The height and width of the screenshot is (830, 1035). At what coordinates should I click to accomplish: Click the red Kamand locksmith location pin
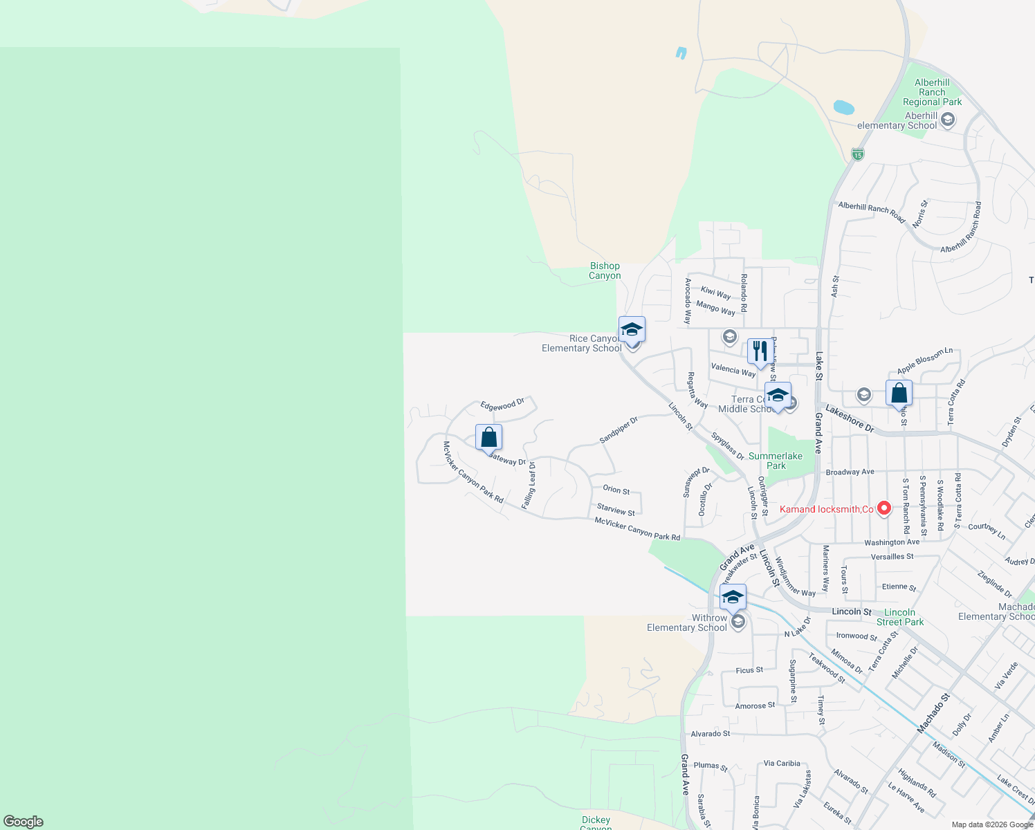883,508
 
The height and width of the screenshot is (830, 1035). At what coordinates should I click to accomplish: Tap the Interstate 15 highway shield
858,154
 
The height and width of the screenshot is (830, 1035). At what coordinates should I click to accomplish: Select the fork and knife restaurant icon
760,351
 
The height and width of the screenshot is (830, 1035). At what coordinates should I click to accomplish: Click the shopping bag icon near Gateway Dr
488,438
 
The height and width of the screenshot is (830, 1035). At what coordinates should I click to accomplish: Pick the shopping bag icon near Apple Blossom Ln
899,394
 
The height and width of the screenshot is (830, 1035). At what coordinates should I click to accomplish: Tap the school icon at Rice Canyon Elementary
632,329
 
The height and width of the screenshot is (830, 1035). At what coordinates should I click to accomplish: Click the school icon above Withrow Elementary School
733,597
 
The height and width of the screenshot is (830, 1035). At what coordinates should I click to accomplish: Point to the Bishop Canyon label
605,270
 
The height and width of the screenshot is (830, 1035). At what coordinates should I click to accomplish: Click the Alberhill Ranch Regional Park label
932,92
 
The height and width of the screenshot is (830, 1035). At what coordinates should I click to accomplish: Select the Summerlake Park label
776,461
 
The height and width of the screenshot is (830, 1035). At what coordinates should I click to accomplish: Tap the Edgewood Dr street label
502,405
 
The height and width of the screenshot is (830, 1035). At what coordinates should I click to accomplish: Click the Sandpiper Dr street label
618,430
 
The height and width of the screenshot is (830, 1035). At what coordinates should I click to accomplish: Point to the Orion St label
616,490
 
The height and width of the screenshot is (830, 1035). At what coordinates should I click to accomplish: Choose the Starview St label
616,510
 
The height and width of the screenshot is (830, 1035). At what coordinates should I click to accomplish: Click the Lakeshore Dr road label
850,419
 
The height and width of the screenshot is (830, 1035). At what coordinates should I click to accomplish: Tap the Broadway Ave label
850,472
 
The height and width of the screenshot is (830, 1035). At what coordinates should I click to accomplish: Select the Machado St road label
933,714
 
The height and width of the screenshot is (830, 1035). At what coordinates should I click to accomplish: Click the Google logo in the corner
24,822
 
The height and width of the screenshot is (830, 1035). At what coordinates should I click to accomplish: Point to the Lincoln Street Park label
899,617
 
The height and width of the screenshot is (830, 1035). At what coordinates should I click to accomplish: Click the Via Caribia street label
782,764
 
